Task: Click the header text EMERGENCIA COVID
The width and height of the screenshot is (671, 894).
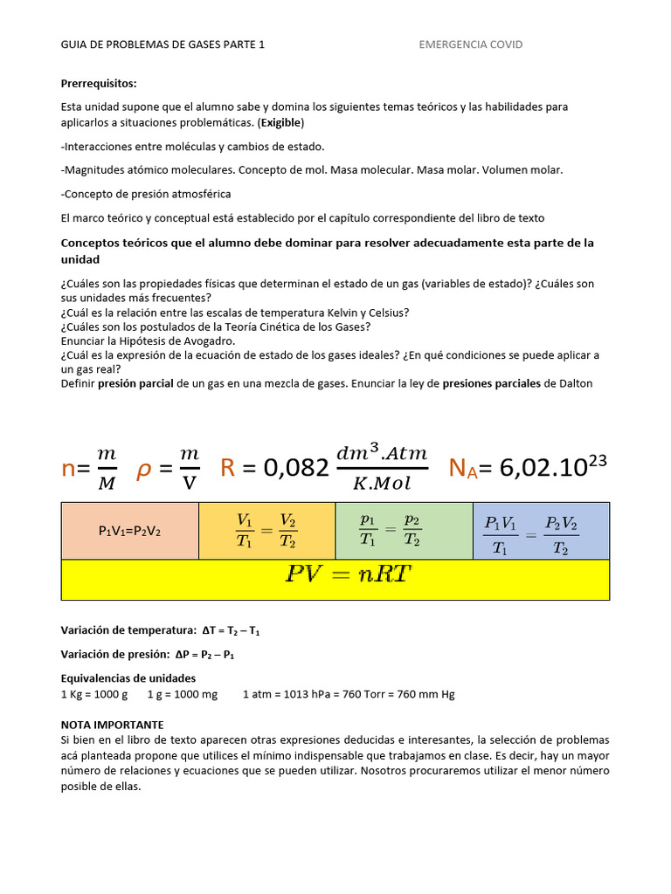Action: [x=471, y=45]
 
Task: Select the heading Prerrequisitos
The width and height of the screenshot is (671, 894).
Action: [x=99, y=84]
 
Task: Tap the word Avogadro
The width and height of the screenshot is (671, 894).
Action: [x=205, y=340]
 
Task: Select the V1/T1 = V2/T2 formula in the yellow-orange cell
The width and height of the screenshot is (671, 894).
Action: [x=266, y=531]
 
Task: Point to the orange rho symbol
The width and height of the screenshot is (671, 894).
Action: [x=144, y=469]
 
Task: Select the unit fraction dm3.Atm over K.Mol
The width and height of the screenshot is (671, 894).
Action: [x=382, y=468]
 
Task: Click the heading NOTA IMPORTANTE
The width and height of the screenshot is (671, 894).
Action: [x=112, y=725]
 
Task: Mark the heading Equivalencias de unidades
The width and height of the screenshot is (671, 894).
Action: [x=128, y=678]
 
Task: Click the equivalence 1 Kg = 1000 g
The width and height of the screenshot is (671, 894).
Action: [x=94, y=694]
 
